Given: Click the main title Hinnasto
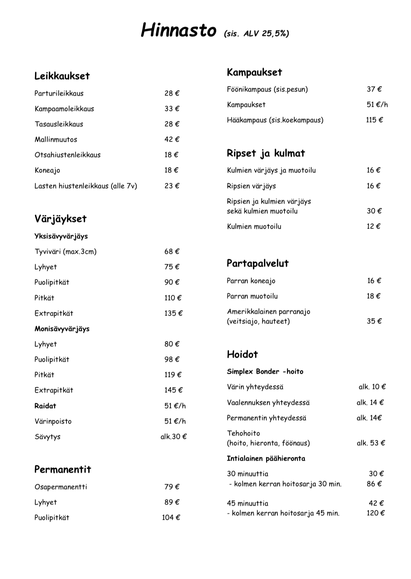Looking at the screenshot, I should tap(178, 30).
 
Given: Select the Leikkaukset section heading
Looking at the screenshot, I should tap(62, 76).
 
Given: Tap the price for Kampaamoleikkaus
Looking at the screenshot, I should tap(172, 109).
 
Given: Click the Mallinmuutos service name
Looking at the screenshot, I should tap(56, 139).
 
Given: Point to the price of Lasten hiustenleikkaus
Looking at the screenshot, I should tap(172, 186).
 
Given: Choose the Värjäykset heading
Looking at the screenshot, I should tap(60, 219).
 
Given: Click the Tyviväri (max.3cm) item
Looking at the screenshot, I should tap(65, 251).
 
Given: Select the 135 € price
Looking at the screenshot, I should tap(173, 313).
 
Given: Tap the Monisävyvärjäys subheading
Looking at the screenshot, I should tap(62, 329).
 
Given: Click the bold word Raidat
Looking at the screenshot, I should tap(45, 406).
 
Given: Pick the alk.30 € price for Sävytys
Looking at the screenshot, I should tap(173, 437).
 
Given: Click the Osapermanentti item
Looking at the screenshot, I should tap(61, 487).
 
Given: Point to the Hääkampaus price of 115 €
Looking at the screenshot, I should tap(374, 120).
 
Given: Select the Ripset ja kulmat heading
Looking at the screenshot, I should tap(266, 153).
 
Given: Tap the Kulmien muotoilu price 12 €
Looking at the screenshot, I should tap(373, 226).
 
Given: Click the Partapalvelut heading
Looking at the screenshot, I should tap(257, 263).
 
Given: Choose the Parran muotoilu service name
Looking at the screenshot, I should tap(252, 296).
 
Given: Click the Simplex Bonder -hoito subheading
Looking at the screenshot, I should tap(265, 372).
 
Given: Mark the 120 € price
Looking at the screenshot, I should tap(375, 513).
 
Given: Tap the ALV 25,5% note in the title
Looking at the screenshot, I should tap(256, 34).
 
